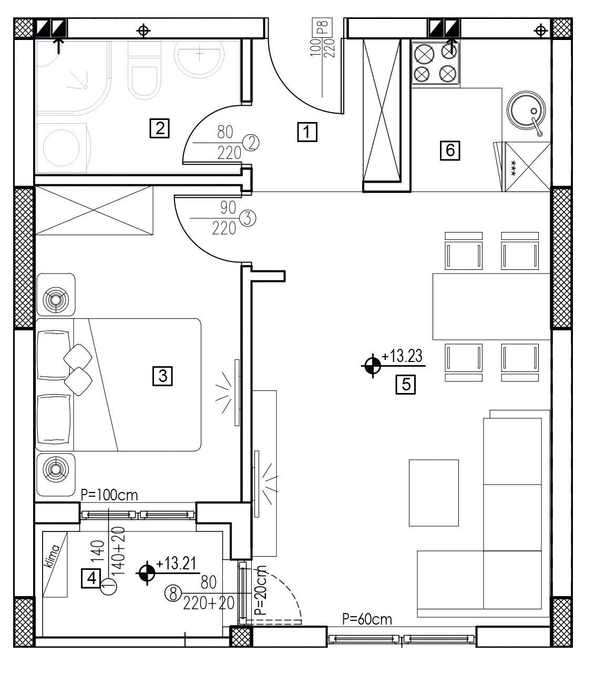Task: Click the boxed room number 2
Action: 159,128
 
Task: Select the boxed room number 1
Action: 307,132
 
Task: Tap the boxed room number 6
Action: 450,150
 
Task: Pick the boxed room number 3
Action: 162,376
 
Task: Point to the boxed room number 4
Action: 91,578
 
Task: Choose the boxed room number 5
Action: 406,385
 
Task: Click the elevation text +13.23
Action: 402,356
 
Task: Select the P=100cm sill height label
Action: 109,495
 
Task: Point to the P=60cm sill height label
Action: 367,619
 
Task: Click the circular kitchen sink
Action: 526,110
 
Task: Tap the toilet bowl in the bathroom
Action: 145,82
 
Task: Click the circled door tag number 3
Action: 248,219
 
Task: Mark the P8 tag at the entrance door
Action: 322,27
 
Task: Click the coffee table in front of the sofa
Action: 434,493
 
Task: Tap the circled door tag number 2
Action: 251,143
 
